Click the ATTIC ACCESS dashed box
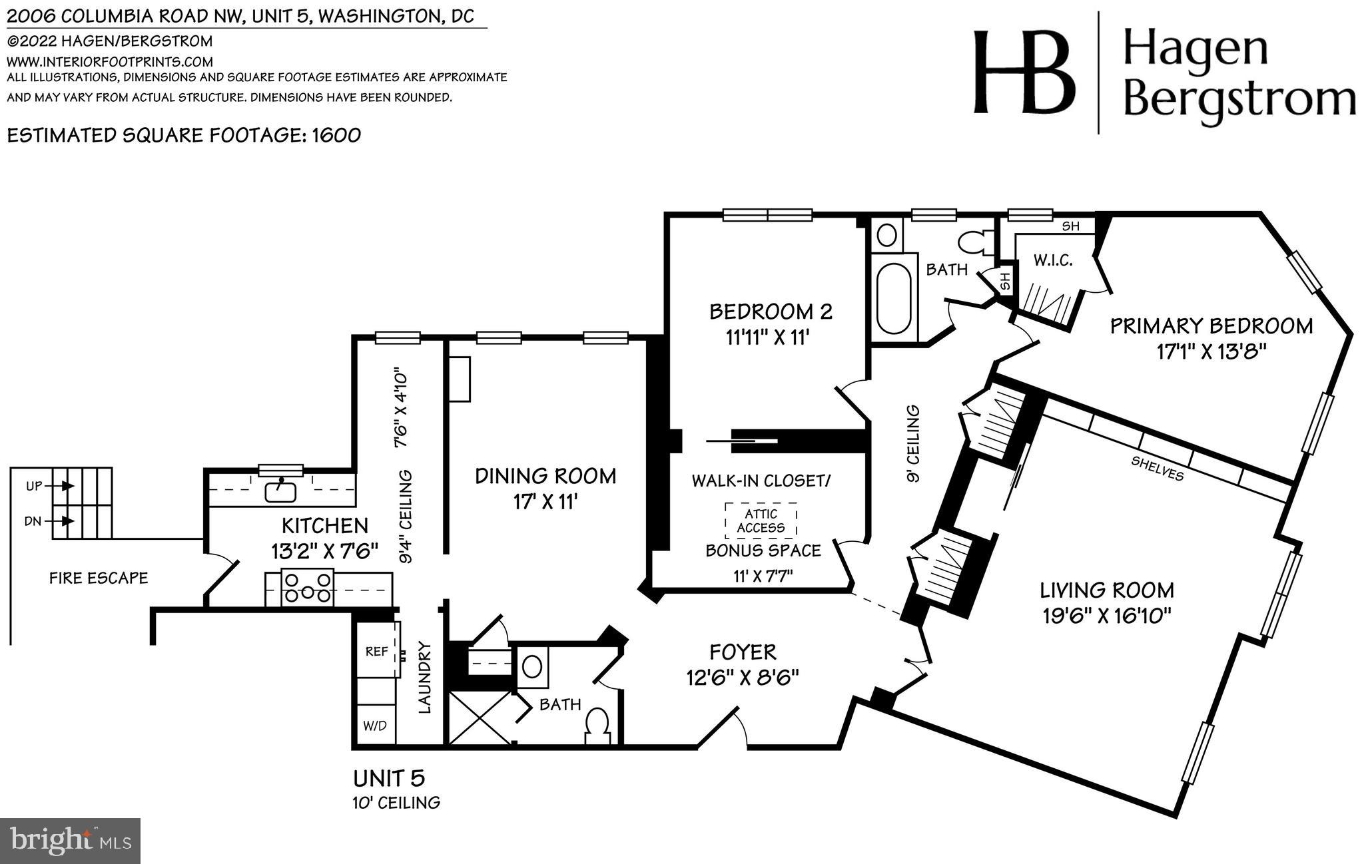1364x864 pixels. [x=761, y=521]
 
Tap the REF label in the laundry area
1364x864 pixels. [x=376, y=651]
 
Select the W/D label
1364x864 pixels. [x=374, y=726]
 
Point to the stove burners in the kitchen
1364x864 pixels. [x=307, y=588]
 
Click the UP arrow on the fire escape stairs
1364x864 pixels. [x=67, y=486]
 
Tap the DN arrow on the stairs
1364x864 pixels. [x=67, y=521]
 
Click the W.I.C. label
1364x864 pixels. [x=1052, y=260]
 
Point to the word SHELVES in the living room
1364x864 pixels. [x=1157, y=468]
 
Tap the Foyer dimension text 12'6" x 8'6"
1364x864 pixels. [x=742, y=677]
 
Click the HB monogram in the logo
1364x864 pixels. [x=1024, y=72]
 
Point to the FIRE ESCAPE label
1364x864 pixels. [x=99, y=578]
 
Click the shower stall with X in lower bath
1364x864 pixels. [x=479, y=718]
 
